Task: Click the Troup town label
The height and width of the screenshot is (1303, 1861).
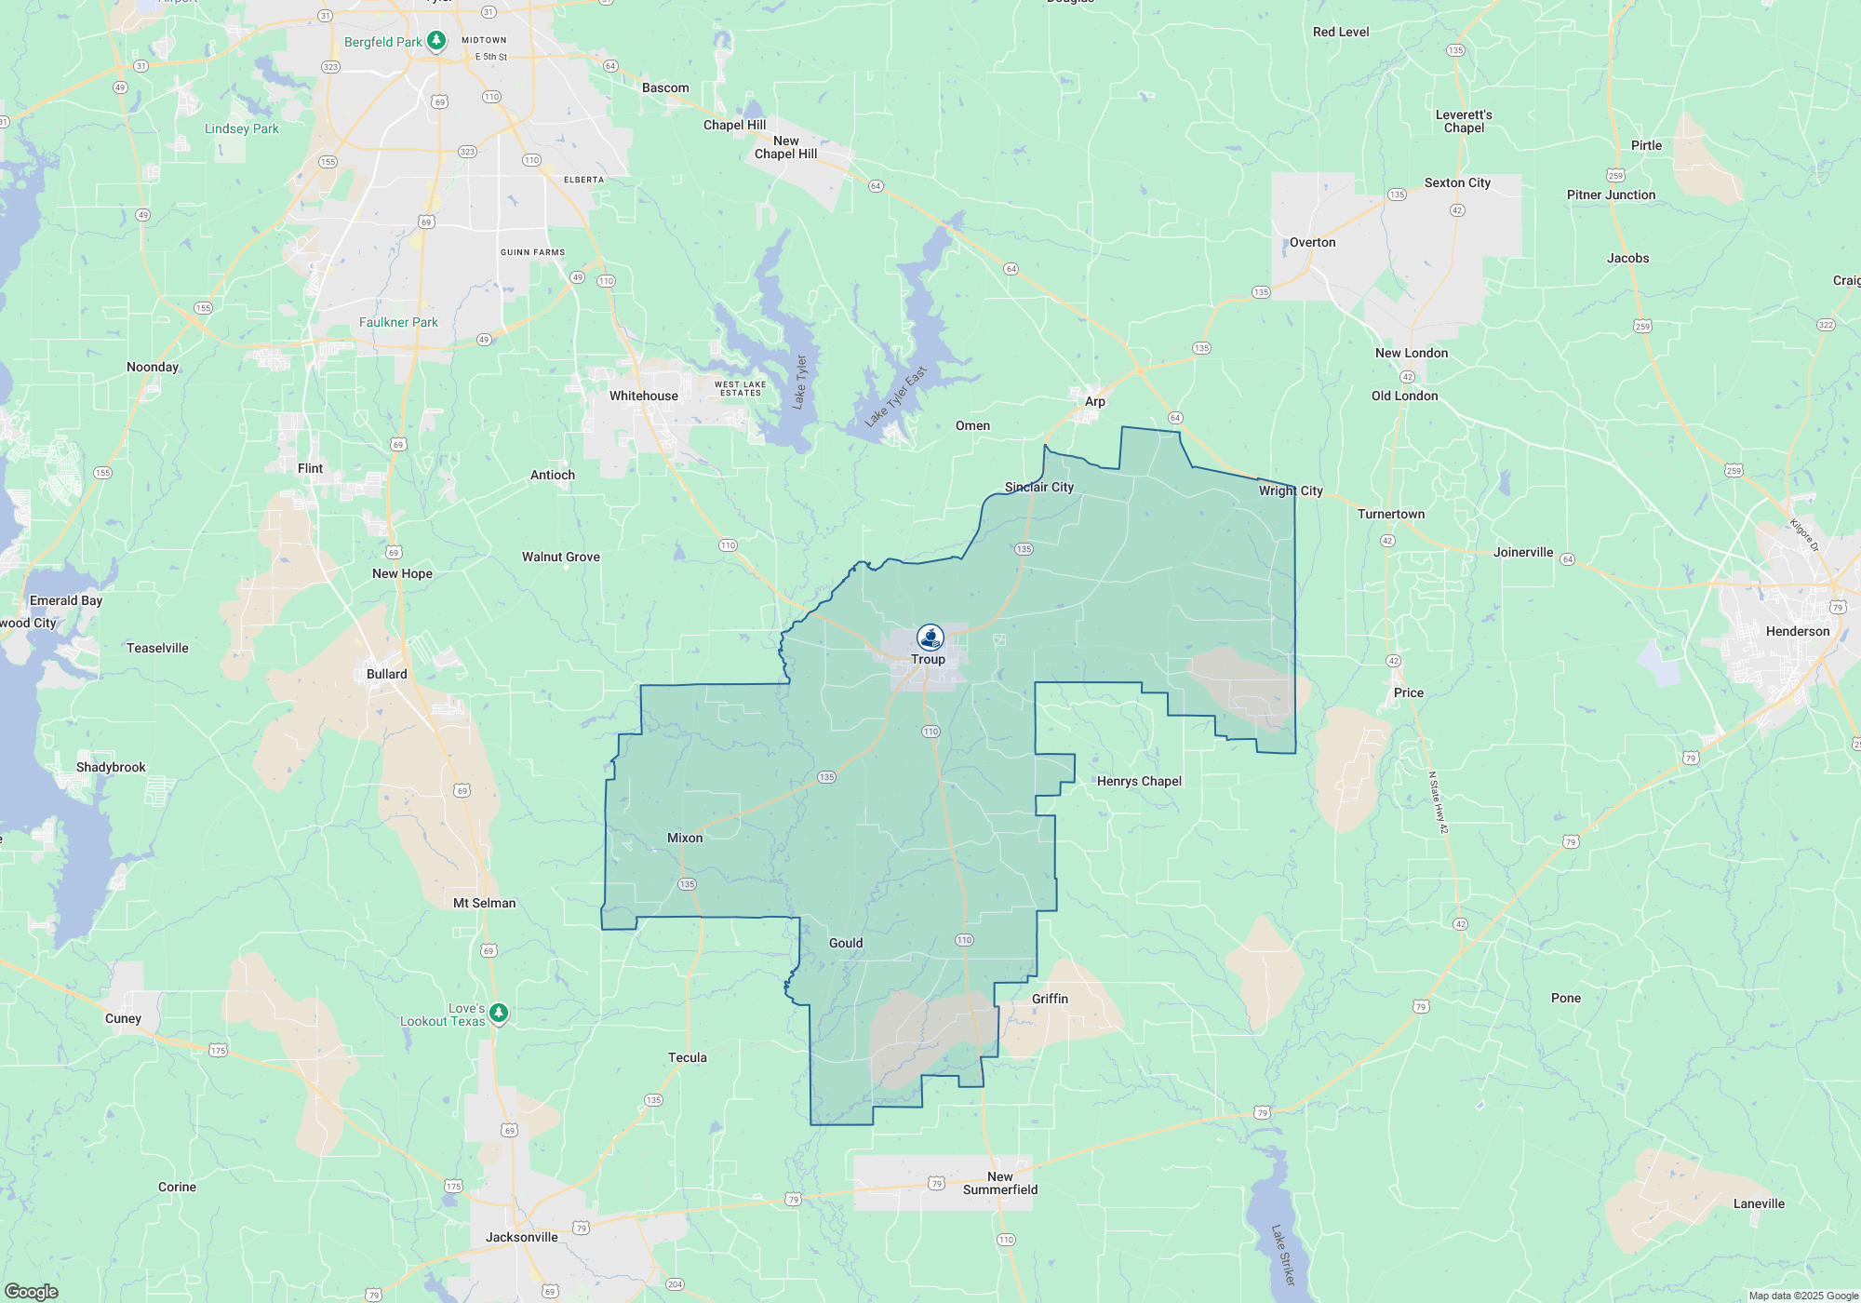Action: pos(928,659)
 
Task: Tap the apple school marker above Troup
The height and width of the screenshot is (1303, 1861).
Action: pos(930,638)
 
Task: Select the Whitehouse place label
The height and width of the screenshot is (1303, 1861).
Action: pos(643,396)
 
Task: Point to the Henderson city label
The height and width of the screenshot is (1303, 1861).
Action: pos(1797,631)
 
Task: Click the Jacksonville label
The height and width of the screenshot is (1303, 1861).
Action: pos(521,1237)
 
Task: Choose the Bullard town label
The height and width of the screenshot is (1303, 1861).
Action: pos(386,674)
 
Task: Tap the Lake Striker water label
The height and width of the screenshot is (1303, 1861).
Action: pos(1282,1255)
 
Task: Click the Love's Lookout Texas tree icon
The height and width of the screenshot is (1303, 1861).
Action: pos(499,1013)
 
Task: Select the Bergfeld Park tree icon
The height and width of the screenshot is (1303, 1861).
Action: pos(435,41)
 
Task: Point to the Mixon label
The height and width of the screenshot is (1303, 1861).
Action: pos(685,838)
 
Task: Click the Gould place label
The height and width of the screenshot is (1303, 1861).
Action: pos(846,943)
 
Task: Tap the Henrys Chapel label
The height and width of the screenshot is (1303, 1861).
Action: pos(1139,781)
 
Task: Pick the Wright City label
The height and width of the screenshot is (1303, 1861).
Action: pos(1291,490)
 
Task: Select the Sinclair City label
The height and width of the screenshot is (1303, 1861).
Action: pos(1038,487)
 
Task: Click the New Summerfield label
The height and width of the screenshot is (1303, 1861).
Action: pos(1000,1183)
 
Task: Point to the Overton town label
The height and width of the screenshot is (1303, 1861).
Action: pos(1312,242)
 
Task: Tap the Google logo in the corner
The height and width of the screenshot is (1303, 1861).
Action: pos(31,1291)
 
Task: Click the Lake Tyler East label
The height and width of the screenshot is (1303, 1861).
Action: pos(895,396)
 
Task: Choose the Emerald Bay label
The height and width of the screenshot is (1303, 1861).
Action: pos(66,600)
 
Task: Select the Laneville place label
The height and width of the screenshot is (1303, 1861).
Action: pos(1759,1203)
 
